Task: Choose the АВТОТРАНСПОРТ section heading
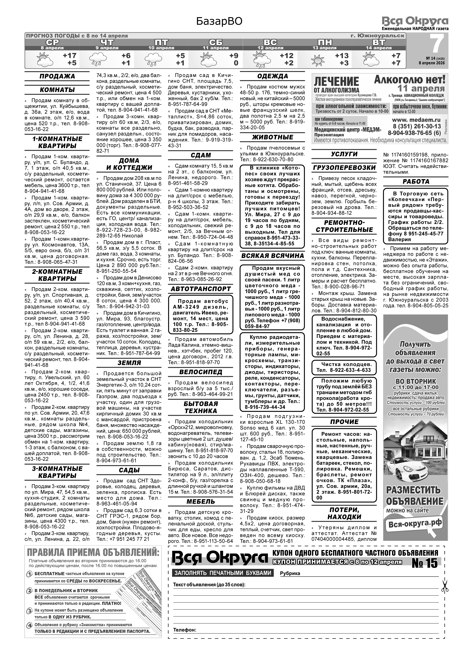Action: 201,289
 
